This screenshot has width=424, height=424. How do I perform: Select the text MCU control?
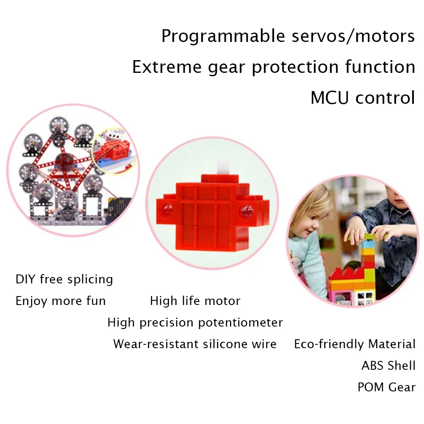click(x=363, y=98)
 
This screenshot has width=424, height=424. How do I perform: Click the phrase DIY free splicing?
click(x=64, y=280)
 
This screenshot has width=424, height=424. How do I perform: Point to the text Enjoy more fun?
click(x=61, y=301)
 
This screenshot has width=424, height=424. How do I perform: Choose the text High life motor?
click(x=195, y=301)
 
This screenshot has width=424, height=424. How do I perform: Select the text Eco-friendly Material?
click(x=355, y=344)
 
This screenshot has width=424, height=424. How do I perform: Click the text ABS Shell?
click(x=388, y=366)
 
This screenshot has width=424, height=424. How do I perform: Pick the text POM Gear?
click(x=386, y=387)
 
